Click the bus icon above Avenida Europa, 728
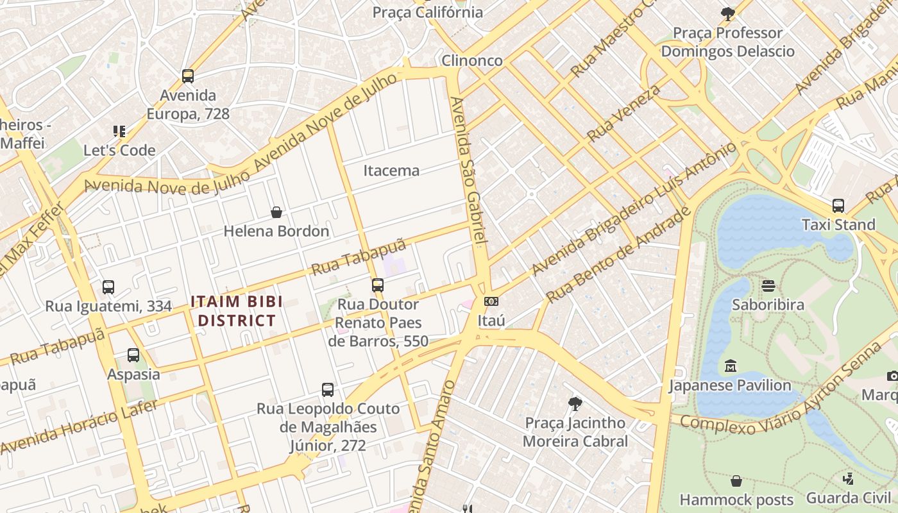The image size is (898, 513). [188, 76]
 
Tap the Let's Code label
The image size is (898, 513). [119, 150]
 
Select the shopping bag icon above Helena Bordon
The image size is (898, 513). [276, 212]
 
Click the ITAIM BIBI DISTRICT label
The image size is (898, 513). [237, 311]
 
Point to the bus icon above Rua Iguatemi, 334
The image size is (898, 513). [108, 287]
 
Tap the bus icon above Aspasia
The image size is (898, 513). [133, 355]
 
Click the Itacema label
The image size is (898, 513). [391, 171]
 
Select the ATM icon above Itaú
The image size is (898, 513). [491, 301]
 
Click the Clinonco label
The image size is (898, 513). [472, 60]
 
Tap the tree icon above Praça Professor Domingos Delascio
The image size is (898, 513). [727, 13]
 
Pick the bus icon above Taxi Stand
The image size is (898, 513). [838, 206]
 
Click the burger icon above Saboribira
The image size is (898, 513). [768, 286]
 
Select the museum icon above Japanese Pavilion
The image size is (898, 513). [730, 366]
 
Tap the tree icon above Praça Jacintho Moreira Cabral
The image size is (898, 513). [575, 404]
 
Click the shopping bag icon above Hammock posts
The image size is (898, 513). [736, 481]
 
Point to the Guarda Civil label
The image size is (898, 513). [848, 498]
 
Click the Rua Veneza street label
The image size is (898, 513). [623, 113]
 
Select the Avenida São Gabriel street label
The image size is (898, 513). [470, 170]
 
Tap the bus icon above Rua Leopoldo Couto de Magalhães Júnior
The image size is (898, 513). [327, 389]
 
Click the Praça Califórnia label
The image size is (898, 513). [428, 12]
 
